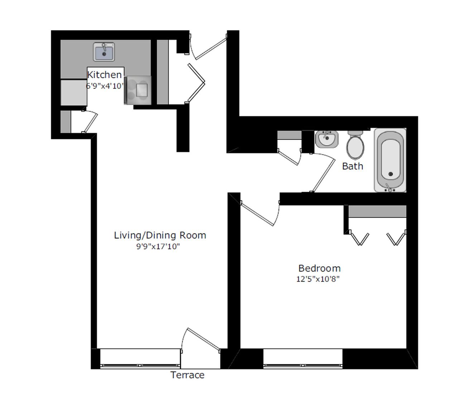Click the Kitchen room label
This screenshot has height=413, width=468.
point(105,75)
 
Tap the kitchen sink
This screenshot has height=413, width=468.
point(104,52)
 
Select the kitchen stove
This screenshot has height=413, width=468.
point(137,90)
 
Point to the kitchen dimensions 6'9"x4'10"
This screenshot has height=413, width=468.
point(105,86)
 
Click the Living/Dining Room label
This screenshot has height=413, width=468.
point(160,235)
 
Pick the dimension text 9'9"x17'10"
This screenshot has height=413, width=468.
point(158,247)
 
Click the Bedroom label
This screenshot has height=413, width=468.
point(319,269)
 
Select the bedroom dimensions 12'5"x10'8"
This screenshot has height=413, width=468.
point(318,279)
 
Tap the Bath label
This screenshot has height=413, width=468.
point(352,166)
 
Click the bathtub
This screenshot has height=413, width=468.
point(390,160)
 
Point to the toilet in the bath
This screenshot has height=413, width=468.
point(355,145)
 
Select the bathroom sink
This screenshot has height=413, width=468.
point(327,139)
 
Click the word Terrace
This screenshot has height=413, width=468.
point(187,375)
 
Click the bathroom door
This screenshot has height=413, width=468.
point(323,172)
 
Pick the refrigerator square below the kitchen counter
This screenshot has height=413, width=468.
point(74,92)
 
